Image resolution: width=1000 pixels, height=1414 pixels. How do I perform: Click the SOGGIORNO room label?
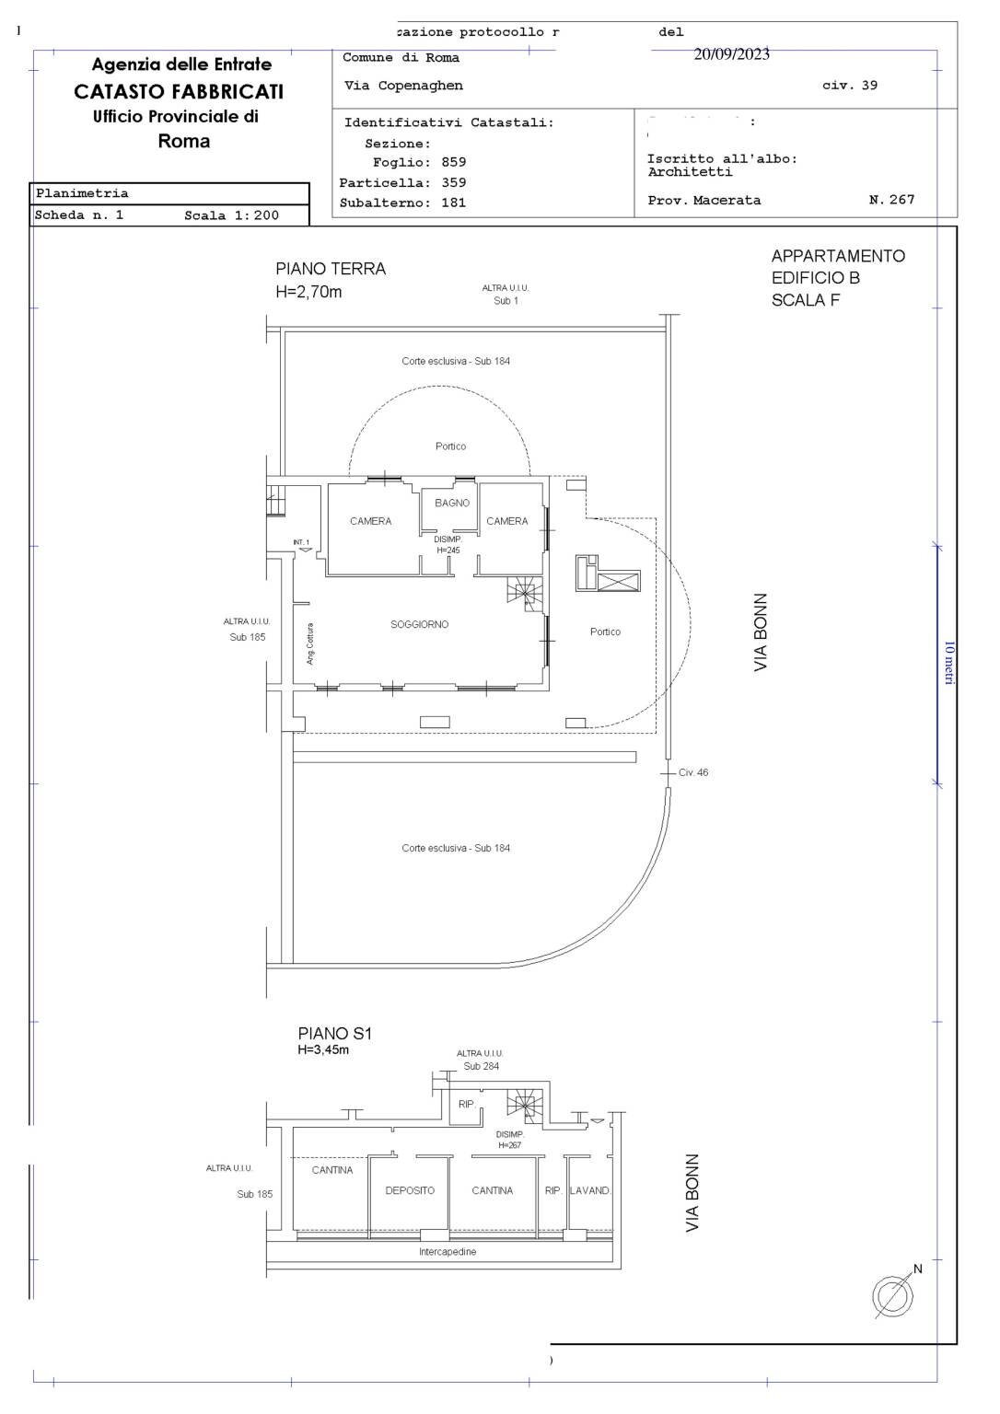[x=419, y=625]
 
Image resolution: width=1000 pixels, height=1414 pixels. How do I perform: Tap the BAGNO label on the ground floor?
[x=452, y=504]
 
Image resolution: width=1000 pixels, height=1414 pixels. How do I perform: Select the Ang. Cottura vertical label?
[x=311, y=644]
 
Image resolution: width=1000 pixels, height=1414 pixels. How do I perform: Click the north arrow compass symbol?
[x=892, y=1296]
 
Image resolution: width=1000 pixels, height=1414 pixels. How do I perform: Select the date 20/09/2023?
[x=731, y=54]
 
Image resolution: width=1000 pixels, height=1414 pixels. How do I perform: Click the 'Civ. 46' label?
[x=693, y=773]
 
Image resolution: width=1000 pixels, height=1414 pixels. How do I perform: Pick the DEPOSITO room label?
[x=410, y=1191]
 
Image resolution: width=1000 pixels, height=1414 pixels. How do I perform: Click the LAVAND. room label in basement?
[x=590, y=1191]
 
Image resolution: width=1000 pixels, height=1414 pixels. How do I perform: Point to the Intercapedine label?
[x=448, y=1253]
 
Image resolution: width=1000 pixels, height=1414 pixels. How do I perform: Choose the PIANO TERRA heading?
[x=331, y=269]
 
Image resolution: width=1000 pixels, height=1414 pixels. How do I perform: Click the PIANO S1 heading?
[x=335, y=1034]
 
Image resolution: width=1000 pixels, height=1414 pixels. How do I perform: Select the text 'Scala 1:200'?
[x=231, y=216]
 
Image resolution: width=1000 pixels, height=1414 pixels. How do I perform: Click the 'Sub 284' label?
[x=481, y=1067]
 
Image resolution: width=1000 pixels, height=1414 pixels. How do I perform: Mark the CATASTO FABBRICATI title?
[x=179, y=92]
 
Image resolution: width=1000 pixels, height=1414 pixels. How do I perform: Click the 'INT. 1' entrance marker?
[x=301, y=542]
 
